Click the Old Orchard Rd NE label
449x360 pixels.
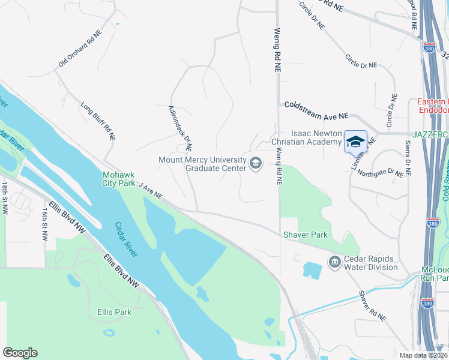point(80,49)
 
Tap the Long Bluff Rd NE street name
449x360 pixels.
point(98,122)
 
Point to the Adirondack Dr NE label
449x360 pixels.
point(180,128)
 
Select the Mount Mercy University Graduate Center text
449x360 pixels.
point(202,164)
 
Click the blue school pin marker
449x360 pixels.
point(355,142)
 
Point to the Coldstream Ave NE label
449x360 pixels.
point(316,110)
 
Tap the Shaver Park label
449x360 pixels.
point(305,235)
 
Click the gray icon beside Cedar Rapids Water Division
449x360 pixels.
point(334,262)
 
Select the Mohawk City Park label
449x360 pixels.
point(119,179)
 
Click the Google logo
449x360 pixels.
point(20,353)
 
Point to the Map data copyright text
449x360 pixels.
point(423,355)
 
